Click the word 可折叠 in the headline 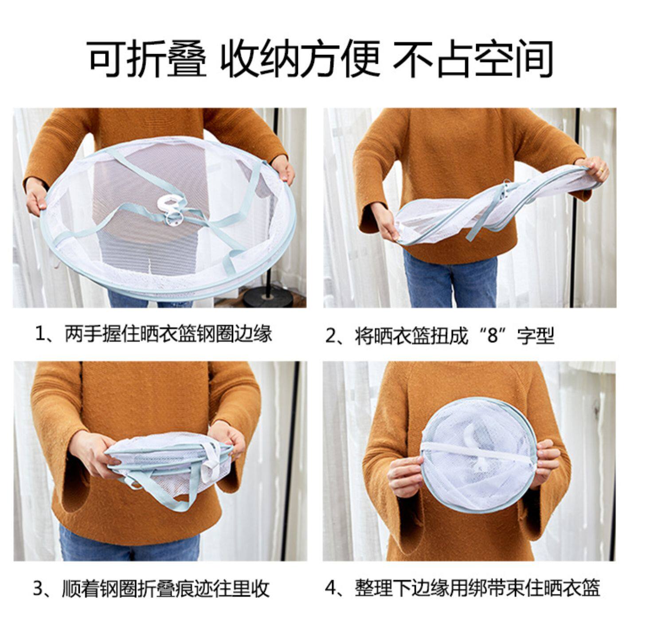click(x=148, y=59)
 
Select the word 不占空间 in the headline click(x=473, y=59)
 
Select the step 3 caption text click(x=152, y=589)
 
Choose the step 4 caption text click(x=462, y=589)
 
